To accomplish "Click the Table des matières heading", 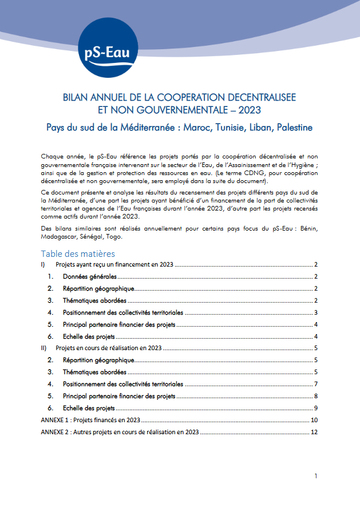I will [78, 253].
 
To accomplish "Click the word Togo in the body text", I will [129, 237].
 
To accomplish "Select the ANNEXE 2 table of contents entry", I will [120, 432].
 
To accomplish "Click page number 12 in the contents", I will [314, 432].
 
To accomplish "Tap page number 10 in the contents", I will [314, 420].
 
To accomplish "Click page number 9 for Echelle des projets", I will [315, 408].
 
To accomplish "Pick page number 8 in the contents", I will [315, 396].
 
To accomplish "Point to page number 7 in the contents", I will [315, 384].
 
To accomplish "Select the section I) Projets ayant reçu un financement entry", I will [114, 265].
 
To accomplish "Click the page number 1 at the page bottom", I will [315, 476].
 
